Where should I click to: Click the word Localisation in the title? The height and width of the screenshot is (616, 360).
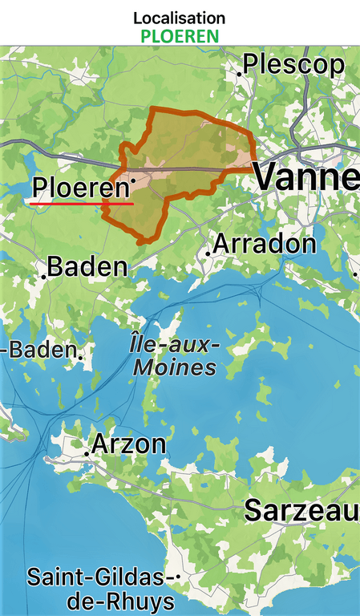coord(180,18)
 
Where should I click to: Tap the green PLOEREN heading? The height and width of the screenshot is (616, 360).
coord(180,36)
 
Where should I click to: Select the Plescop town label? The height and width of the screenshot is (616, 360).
coord(293,64)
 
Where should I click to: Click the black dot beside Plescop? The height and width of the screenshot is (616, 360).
coord(239,73)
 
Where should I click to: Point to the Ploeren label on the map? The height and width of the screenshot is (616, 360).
coord(80,188)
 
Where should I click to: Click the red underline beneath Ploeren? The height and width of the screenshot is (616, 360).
coord(81,204)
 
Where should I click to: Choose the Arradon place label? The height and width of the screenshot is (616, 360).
coord(265,244)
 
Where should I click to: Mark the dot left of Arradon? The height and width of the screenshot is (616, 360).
coord(208,253)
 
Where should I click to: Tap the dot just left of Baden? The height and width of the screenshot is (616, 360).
coord(43,276)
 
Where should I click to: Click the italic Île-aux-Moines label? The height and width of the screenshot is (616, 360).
coord(174,356)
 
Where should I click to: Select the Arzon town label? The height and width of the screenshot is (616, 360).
coord(129,444)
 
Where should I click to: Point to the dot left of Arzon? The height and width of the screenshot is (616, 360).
coord(87,452)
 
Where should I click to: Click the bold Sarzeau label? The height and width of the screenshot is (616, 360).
coord(301,510)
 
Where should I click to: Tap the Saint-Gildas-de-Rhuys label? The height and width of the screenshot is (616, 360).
coord(100,589)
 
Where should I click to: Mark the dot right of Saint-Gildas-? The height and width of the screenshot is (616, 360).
coord(177,577)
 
